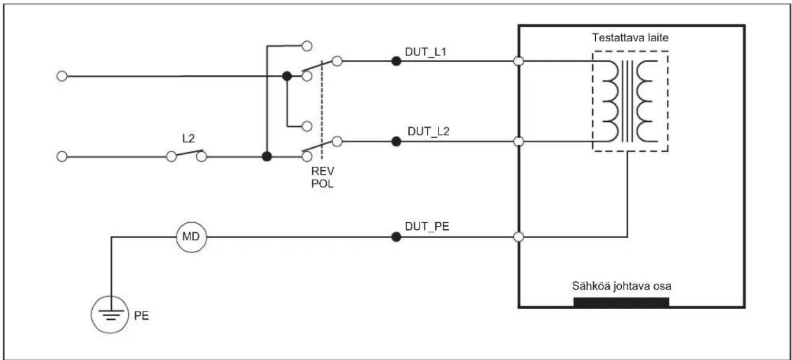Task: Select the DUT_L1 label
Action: pyautogui.click(x=426, y=52)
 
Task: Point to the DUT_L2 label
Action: pyautogui.click(x=428, y=132)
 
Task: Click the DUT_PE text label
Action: pyautogui.click(x=427, y=226)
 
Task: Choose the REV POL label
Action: pyautogui.click(x=323, y=177)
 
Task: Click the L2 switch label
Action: pyautogui.click(x=189, y=138)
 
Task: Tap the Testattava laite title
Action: pyautogui.click(x=630, y=37)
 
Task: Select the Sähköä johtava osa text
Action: pyautogui.click(x=621, y=286)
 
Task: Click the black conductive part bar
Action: pyautogui.click(x=621, y=302)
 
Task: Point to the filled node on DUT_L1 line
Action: pyautogui.click(x=397, y=61)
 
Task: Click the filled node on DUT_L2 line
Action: pyautogui.click(x=397, y=142)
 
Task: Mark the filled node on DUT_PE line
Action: pyautogui.click(x=397, y=237)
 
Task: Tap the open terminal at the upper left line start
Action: pyautogui.click(x=62, y=76)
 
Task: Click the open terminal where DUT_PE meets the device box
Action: pyautogui.click(x=518, y=237)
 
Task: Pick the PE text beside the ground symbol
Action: pyautogui.click(x=141, y=316)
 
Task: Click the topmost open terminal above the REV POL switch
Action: pyautogui.click(x=307, y=46)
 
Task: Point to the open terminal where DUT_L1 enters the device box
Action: pyautogui.click(x=518, y=61)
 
